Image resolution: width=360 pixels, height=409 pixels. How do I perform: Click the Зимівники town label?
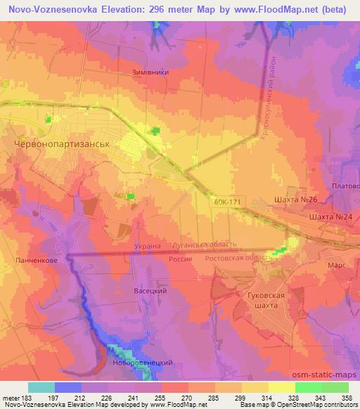(150, 71)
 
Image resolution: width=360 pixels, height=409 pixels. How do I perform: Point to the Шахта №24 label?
(330, 217)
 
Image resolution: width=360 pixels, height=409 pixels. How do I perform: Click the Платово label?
(347, 186)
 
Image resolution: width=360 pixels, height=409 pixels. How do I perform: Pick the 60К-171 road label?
(228, 201)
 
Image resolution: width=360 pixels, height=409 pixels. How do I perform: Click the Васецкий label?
(149, 290)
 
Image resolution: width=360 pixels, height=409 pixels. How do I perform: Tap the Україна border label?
(147, 247)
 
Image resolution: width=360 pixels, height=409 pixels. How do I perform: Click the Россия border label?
(181, 259)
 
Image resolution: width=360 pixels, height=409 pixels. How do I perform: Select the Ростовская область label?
(238, 258)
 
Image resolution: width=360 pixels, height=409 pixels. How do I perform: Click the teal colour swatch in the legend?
(41, 387)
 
